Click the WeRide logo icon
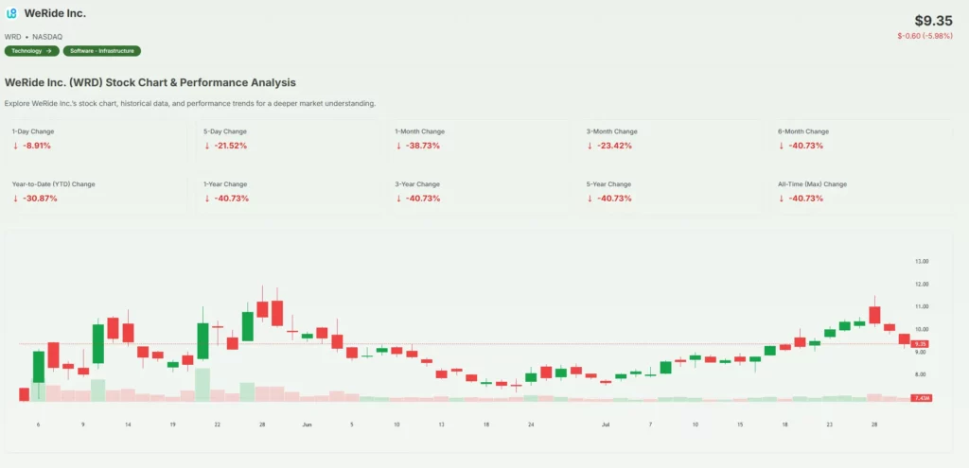(11, 13)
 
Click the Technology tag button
(30, 50)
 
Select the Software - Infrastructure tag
(101, 50)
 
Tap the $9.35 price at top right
(933, 20)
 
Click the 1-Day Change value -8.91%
(36, 146)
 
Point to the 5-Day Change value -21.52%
(230, 146)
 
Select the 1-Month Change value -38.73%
(422, 146)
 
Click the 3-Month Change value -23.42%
(613, 146)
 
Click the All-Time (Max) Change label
(812, 183)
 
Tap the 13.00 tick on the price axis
(921, 261)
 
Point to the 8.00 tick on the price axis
(921, 374)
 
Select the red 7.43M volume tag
(921, 399)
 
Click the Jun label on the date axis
(307, 425)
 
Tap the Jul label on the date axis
(606, 425)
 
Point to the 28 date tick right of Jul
(874, 425)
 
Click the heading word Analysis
(269, 82)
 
